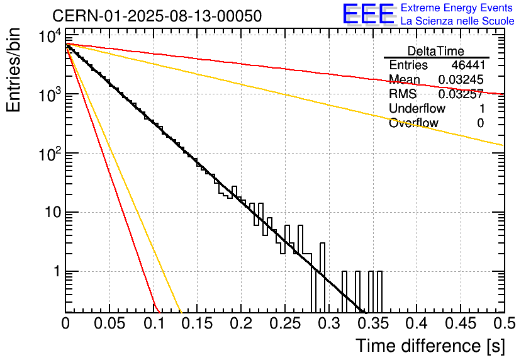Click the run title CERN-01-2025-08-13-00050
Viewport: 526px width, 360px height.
[x=157, y=16]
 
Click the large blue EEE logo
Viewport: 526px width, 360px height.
[x=368, y=14]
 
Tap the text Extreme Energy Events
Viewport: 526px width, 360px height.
[x=457, y=8]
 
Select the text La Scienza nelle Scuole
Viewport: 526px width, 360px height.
[x=457, y=21]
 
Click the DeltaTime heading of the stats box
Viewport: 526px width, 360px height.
[x=436, y=51]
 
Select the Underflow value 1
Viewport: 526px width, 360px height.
[x=481, y=109]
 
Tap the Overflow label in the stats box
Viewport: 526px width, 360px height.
[x=413, y=123]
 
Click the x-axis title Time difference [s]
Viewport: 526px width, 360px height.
[x=429, y=346]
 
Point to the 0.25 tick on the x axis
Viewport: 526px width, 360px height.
[x=285, y=323]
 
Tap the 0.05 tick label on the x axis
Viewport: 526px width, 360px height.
[x=109, y=323]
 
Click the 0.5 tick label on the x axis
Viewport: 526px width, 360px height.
[x=503, y=323]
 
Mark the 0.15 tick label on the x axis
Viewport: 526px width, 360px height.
[x=198, y=323]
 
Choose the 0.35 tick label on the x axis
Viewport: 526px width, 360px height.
[x=372, y=323]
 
